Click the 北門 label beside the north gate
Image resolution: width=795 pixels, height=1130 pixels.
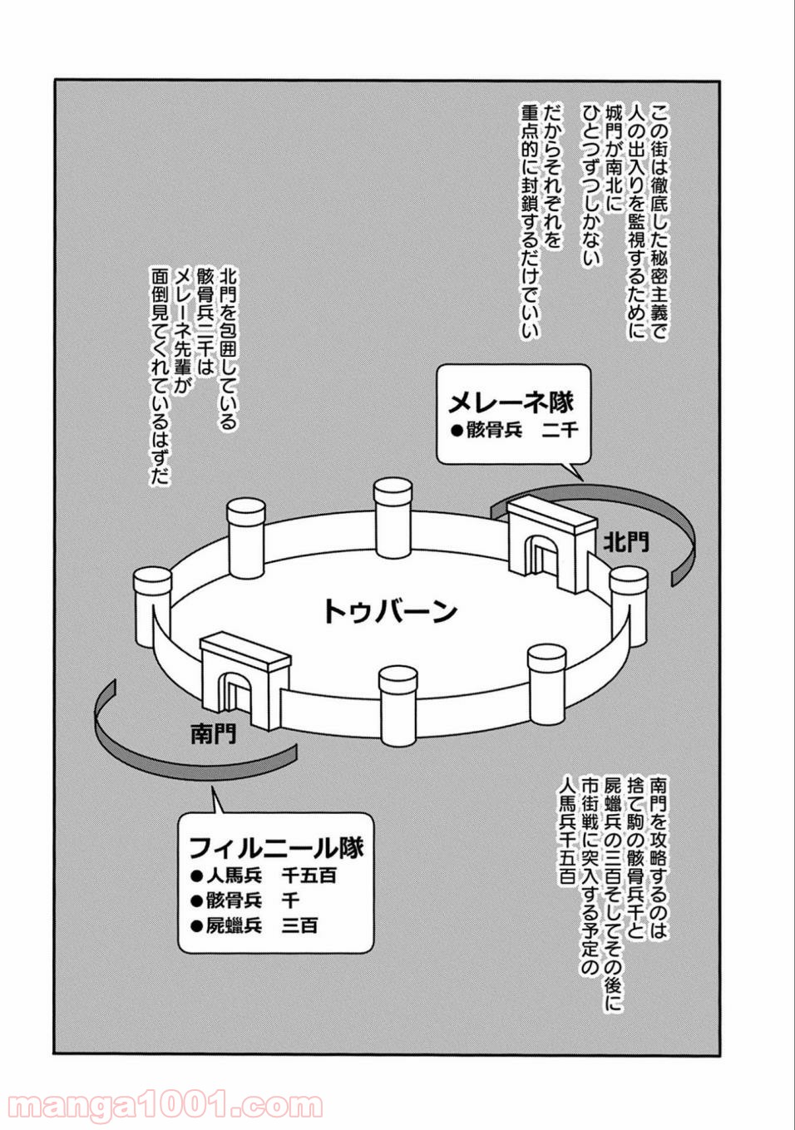626,542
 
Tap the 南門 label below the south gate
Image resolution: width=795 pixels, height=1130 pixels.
214,735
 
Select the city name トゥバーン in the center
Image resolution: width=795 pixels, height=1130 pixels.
390,611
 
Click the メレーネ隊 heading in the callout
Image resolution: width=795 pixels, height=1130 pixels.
511,402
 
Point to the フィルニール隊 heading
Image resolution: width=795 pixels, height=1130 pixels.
276,848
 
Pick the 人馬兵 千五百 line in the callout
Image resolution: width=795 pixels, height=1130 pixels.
264,876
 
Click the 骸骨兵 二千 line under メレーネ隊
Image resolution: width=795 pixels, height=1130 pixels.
515,431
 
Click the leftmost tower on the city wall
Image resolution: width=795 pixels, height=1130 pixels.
153,607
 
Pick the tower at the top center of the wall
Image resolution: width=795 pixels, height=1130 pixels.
393,518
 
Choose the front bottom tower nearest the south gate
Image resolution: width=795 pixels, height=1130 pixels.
398,706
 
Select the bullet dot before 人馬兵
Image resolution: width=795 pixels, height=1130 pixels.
196,876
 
